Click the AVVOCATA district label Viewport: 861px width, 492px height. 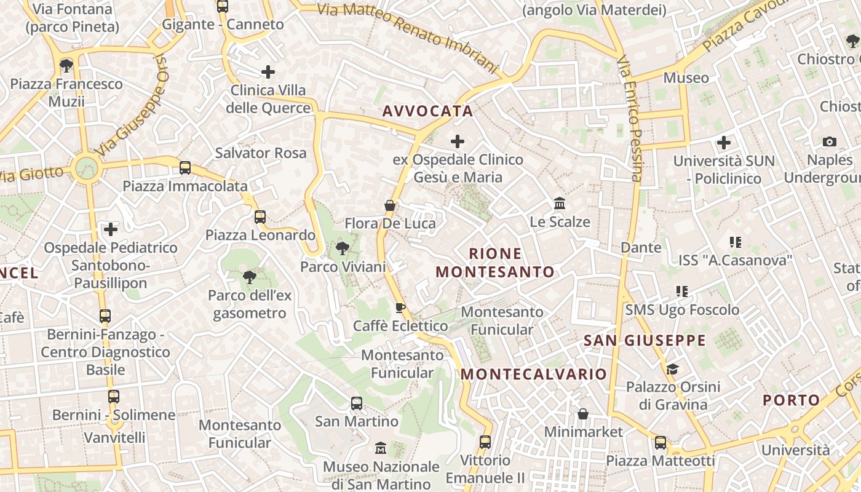(x=427, y=111)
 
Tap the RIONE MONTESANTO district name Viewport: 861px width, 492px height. (x=495, y=263)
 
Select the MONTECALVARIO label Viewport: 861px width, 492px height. (x=534, y=374)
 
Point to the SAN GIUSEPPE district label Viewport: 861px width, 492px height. (x=645, y=341)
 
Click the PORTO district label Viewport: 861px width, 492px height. (x=792, y=400)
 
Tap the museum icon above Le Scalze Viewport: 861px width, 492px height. (x=560, y=203)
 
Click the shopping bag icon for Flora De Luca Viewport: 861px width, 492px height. (x=389, y=205)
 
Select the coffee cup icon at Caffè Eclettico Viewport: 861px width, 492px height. (x=400, y=307)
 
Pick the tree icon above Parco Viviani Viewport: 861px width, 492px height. (x=342, y=248)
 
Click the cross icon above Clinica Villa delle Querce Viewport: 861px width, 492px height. (x=268, y=72)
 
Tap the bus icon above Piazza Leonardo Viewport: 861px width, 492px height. (x=260, y=216)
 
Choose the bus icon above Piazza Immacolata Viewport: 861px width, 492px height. (x=184, y=167)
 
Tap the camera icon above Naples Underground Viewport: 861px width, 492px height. (x=830, y=142)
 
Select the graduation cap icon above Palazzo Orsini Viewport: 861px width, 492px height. (x=673, y=369)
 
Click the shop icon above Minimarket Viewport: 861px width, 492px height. (x=583, y=414)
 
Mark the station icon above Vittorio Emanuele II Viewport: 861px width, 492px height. (x=485, y=442)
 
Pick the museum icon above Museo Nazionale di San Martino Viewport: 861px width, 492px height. (x=381, y=448)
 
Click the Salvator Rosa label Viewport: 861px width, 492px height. (x=261, y=153)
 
